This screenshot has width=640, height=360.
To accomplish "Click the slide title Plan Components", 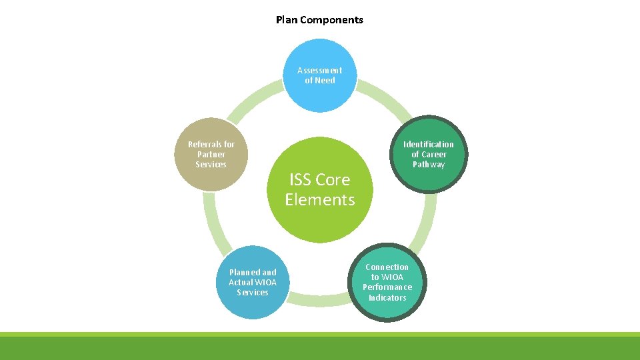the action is click(x=319, y=20).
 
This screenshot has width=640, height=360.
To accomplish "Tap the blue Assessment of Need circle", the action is click(x=320, y=75).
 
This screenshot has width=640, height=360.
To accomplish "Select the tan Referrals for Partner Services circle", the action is click(x=211, y=155).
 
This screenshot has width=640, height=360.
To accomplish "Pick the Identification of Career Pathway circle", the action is click(x=428, y=155).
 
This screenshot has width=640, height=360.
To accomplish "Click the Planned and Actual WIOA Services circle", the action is click(x=253, y=282).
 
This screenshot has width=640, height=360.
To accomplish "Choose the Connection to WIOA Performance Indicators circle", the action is click(x=387, y=282).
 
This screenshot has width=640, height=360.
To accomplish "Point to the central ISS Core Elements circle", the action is click(x=320, y=189).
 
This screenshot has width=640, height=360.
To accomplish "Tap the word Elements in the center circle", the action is click(x=320, y=199).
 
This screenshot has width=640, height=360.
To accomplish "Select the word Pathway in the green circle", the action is click(x=428, y=165).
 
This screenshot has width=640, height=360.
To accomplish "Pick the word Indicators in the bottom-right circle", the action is click(x=387, y=297).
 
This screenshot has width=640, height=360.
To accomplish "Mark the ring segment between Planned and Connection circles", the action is click(x=320, y=301).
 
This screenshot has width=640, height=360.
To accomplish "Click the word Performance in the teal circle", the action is click(x=387, y=287).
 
